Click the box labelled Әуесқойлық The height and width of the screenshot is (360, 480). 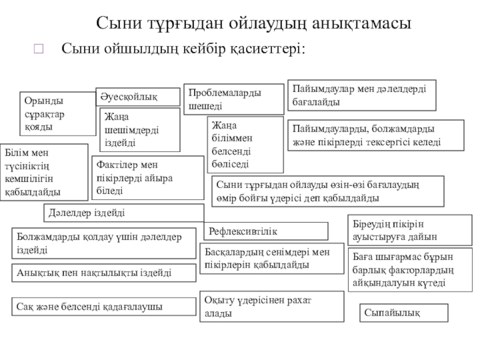(138, 97)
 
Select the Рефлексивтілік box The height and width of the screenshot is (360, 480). (268, 231)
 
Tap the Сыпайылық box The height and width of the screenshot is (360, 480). (404, 313)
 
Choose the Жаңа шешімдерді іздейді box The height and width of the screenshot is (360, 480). (139, 130)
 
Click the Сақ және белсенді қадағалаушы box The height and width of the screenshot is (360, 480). (104, 307)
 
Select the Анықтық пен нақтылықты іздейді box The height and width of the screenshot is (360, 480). (104, 272)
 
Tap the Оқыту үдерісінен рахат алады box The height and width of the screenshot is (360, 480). (271, 306)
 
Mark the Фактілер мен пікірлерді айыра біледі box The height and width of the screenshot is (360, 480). (149, 178)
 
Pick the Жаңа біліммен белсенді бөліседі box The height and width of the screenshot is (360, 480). (245, 144)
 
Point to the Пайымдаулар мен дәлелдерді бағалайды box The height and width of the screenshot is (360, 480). (362, 95)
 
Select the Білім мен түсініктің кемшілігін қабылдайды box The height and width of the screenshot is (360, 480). (44, 172)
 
